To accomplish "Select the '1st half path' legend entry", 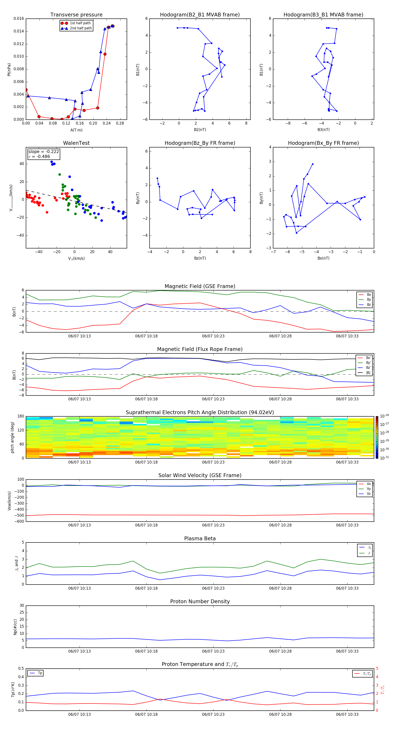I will [80, 23].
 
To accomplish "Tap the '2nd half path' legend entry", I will [81, 28].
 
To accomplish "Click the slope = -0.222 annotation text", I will [44, 152].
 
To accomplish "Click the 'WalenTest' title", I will [76, 143].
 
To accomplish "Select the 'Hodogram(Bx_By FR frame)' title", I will [323, 143].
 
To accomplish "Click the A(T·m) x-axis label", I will [76, 130].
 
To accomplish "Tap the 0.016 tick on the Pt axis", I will [19, 18].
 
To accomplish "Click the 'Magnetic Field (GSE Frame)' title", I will [200, 286].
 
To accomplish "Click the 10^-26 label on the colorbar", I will [384, 416].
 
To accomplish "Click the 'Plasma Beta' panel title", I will [200, 538].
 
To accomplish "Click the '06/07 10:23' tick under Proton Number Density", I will [213, 651].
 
